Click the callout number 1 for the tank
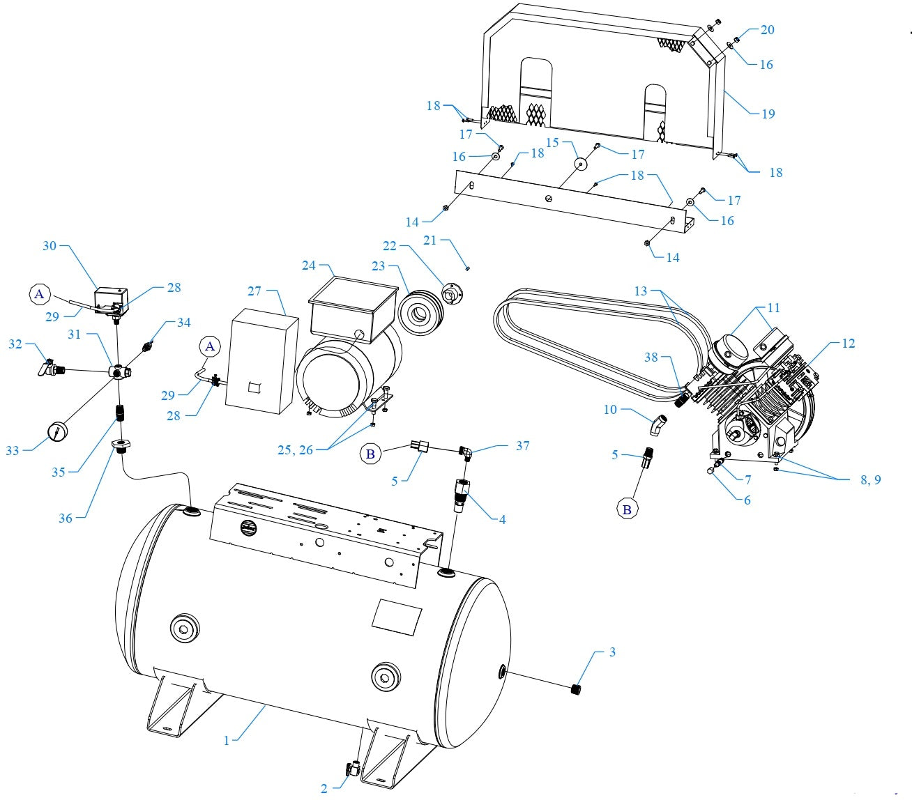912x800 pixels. [226, 740]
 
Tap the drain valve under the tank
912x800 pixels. [351, 769]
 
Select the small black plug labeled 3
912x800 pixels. [576, 690]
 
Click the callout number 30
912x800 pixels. [50, 246]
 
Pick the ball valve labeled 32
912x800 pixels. [49, 367]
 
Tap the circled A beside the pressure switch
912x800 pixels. [39, 295]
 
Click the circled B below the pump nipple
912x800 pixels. [627, 509]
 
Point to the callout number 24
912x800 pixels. [309, 266]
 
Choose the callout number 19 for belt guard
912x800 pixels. [768, 114]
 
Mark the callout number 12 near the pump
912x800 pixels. [848, 344]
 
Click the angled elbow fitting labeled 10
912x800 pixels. [658, 424]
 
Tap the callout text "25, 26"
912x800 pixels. [296, 450]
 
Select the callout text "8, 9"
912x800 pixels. [869, 479]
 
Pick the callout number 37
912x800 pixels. [522, 446]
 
